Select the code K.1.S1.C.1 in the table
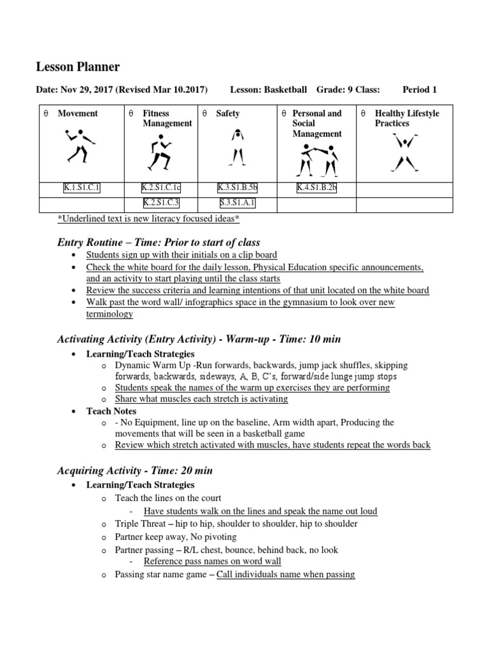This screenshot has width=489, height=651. [x=82, y=188]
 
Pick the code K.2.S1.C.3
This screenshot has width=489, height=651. [x=161, y=203]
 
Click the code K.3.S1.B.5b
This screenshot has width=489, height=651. [x=237, y=188]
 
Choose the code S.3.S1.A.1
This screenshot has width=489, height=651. [x=237, y=203]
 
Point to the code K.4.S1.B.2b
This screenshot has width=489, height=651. [x=316, y=188]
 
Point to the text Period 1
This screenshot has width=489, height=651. [x=420, y=90]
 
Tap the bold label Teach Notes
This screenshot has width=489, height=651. [x=111, y=411]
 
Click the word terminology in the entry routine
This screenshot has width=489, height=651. [x=110, y=314]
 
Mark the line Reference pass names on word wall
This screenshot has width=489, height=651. [x=212, y=561]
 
